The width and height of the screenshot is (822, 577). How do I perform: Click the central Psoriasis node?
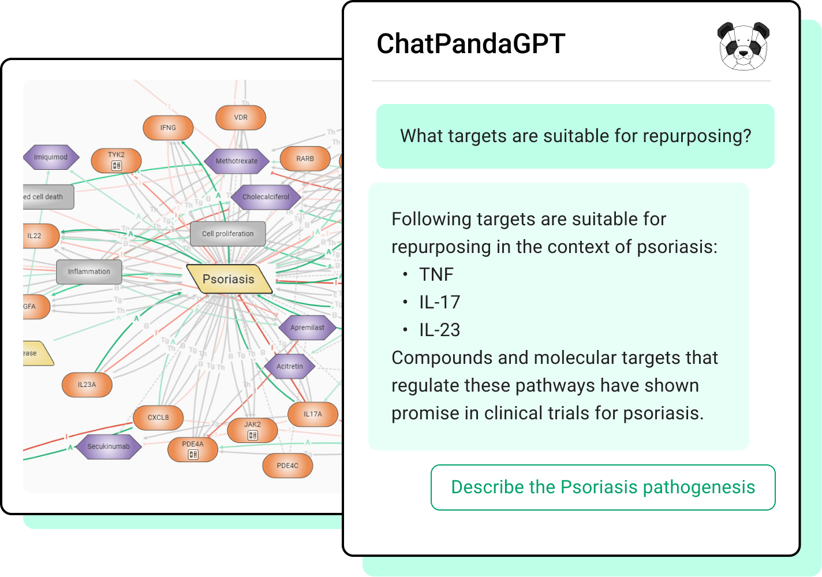coord(229,280)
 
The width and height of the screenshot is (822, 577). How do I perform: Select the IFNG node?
coord(168,128)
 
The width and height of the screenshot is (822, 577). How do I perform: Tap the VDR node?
coord(241,118)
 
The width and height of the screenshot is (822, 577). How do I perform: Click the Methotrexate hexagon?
coord(237,161)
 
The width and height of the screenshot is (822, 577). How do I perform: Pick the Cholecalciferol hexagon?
coord(266,197)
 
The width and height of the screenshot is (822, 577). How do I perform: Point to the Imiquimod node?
coord(51,157)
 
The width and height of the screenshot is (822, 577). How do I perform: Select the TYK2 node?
coord(116,161)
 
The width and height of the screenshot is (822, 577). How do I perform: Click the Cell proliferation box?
coord(227,234)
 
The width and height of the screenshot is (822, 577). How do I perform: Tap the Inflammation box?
coord(89,271)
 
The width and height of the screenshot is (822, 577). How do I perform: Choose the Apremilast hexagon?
coord(307,327)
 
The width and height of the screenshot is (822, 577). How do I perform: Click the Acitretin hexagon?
coord(290,366)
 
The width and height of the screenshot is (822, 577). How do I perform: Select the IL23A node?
coord(87,385)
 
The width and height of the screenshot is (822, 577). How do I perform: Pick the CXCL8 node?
coord(158,418)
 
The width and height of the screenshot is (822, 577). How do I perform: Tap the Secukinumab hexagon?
coord(109,446)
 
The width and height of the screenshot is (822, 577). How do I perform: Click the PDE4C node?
coord(287,466)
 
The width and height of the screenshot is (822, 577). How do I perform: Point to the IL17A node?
coord(312,414)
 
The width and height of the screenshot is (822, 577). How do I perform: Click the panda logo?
coord(743,46)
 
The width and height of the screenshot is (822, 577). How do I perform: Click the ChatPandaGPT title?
coord(470,44)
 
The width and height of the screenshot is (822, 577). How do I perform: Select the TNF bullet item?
coord(436,274)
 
